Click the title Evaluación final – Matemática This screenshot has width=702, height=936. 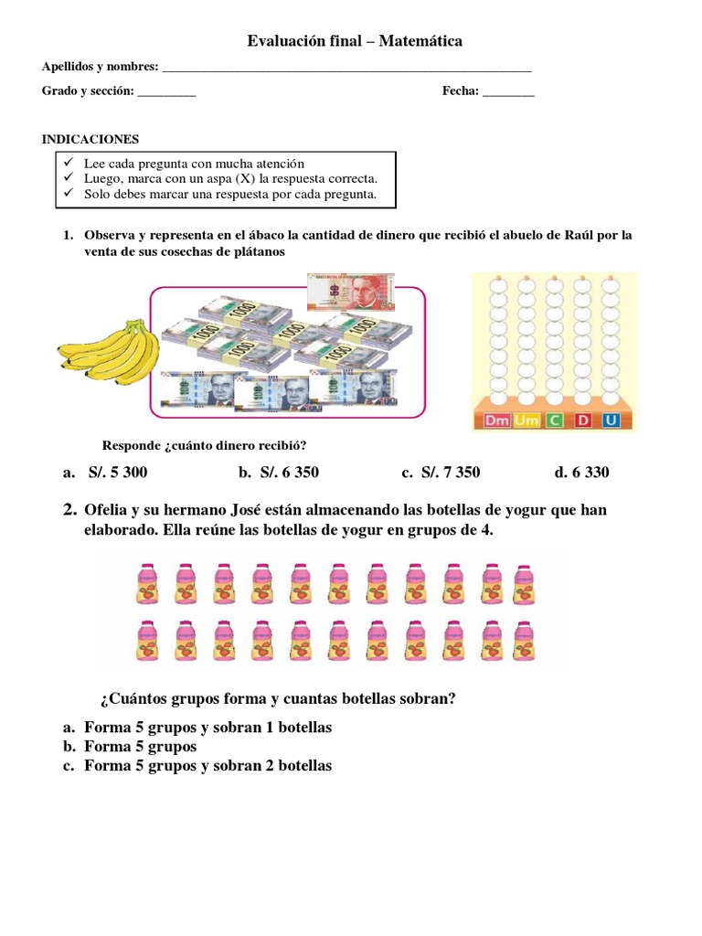point(356,41)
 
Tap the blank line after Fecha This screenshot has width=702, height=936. point(507,92)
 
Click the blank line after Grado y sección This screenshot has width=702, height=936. point(166,92)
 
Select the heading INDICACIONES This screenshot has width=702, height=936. point(90,139)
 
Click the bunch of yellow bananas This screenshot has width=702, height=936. point(106,351)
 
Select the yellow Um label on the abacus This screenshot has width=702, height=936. point(526,420)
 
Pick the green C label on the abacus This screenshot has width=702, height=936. point(554,420)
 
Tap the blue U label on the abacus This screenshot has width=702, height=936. point(612,420)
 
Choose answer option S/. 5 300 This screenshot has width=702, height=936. point(117,473)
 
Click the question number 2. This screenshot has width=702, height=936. point(69,510)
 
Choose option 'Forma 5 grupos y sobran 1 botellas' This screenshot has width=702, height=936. point(207,728)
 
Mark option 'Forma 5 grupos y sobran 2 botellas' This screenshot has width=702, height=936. point(207,766)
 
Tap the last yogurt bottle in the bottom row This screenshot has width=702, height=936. point(524,642)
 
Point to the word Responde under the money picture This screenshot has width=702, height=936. point(132,445)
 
